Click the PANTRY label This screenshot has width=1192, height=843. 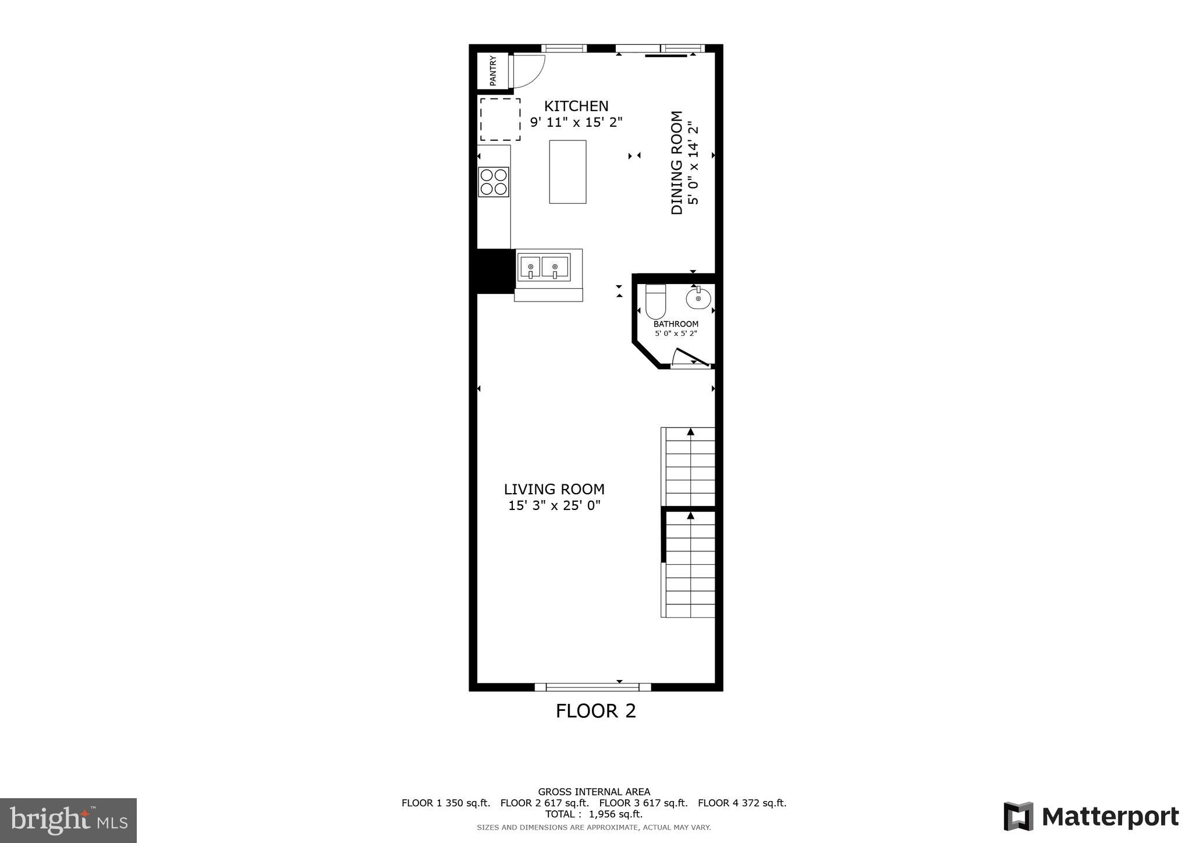click(x=493, y=70)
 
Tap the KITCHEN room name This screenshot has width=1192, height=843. click(x=576, y=106)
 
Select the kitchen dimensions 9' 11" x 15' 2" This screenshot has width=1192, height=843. click(x=576, y=122)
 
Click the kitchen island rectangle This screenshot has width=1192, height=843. click(x=567, y=172)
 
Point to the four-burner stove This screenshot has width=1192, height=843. click(x=494, y=182)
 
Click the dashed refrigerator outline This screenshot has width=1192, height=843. click(x=500, y=119)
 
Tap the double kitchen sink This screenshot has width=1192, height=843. click(x=544, y=267)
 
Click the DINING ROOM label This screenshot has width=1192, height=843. click(x=677, y=163)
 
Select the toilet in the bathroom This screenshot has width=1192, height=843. click(x=655, y=301)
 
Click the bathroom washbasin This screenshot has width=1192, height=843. click(x=698, y=299)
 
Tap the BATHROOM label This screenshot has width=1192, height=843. click(x=676, y=324)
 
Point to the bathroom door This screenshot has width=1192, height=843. click(x=691, y=358)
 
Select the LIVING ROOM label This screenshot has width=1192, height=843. click(x=554, y=489)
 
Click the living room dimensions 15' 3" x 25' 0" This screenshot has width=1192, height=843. click(x=554, y=505)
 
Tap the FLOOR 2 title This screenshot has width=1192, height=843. click(x=595, y=711)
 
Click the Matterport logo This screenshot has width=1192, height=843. click(x=1091, y=816)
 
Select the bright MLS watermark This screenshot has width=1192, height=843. click(x=68, y=820)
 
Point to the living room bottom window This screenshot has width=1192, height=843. click(x=593, y=687)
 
